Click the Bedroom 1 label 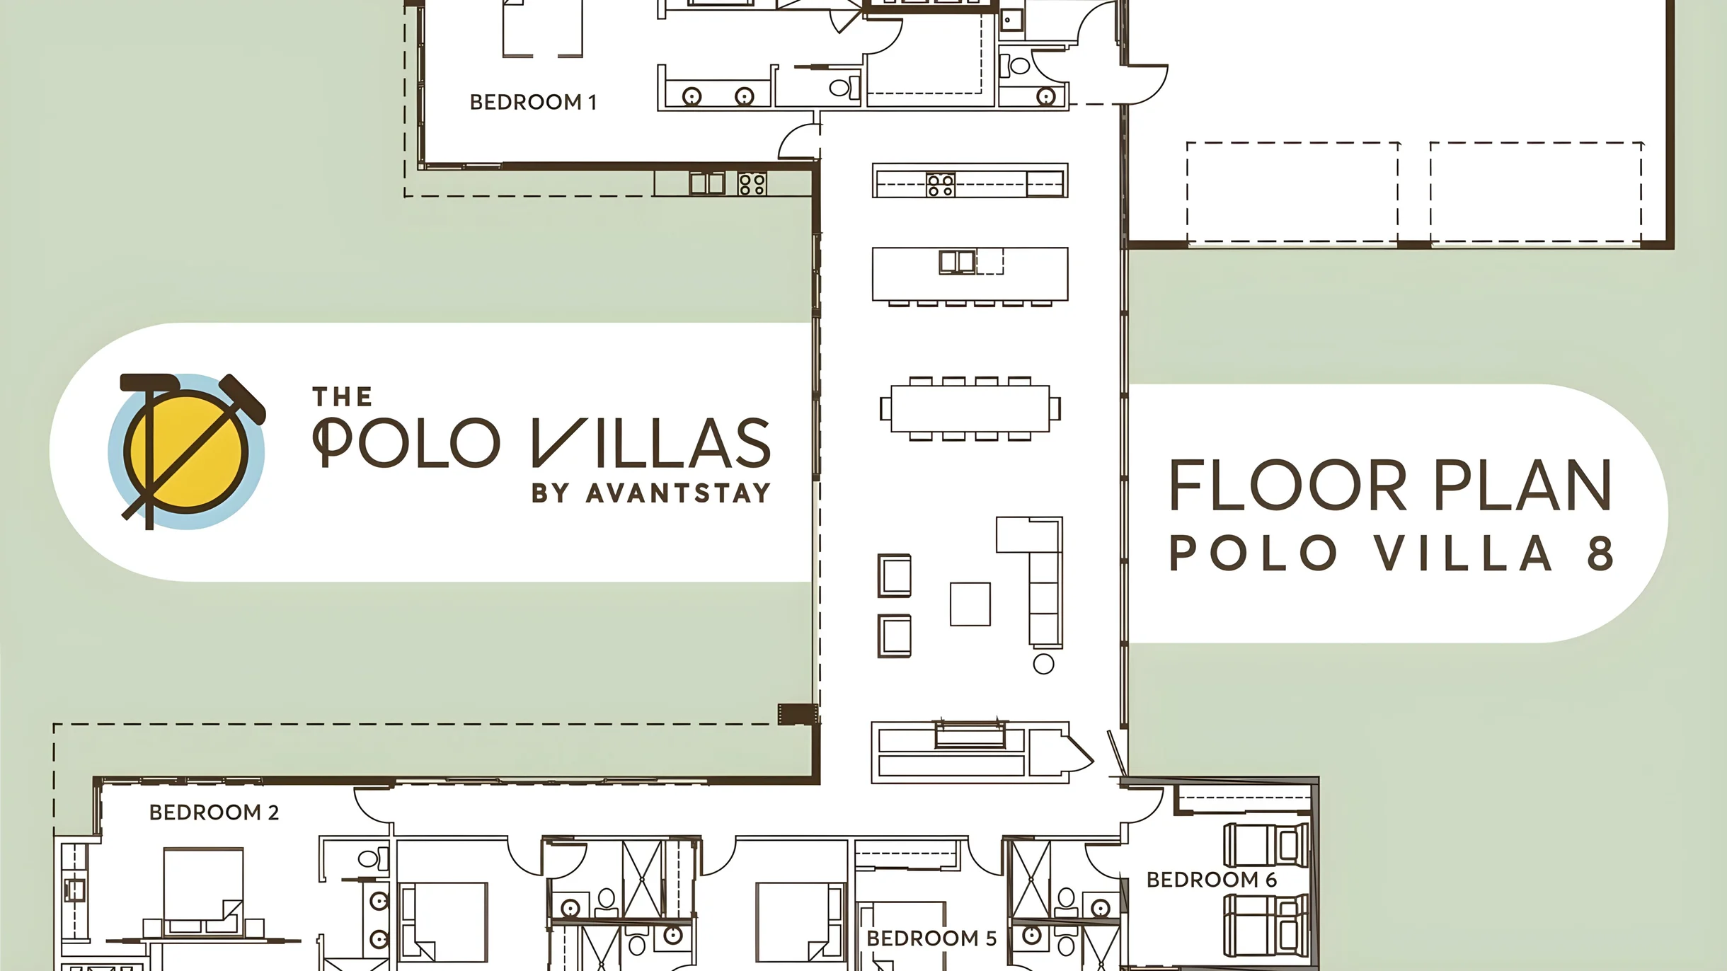coord(533,102)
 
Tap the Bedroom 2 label coord(214,812)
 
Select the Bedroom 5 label coord(931,938)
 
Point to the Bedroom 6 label coord(1211,880)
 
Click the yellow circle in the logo coord(186,452)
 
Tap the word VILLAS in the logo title coord(651,443)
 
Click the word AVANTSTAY coord(678,493)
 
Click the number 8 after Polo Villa coord(1600,553)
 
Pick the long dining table coord(970,408)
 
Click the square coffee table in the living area coord(970,604)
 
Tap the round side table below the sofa coord(1043,664)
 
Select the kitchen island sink coord(957,262)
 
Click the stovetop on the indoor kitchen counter coord(941,185)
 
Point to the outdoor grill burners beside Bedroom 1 coord(752,184)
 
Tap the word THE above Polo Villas coord(343,397)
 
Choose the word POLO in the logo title coord(406,443)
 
